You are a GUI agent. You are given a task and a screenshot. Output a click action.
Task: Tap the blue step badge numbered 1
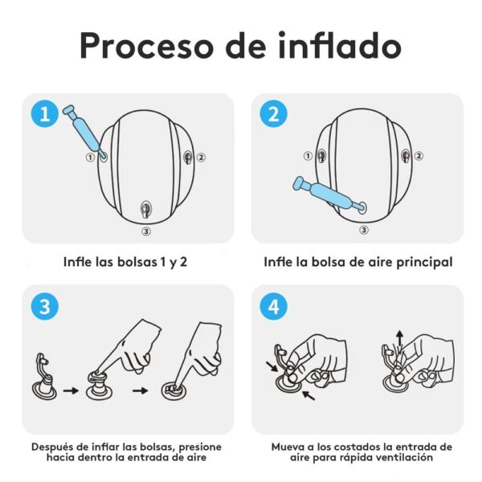tap(44, 114)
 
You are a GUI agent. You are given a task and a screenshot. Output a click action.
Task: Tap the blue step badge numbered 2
tap(273, 114)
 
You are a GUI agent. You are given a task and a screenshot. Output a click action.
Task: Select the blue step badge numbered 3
tap(44, 306)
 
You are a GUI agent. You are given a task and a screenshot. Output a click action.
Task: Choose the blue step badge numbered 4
tap(273, 306)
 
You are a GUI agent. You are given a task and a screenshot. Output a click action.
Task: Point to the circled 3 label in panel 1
tap(145, 231)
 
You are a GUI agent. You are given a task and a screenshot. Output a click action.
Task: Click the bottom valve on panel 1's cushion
tap(145, 209)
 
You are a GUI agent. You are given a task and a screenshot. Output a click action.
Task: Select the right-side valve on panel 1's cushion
tap(190, 157)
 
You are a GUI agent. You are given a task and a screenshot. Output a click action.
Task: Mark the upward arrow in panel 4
tap(399, 337)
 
